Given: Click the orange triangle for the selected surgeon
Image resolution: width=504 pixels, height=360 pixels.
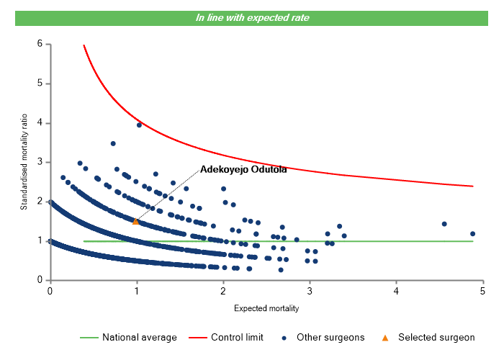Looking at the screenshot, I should [135, 222].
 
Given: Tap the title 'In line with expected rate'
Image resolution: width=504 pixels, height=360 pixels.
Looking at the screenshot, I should [252, 17].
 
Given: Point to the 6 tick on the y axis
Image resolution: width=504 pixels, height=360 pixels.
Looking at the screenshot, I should [40, 44].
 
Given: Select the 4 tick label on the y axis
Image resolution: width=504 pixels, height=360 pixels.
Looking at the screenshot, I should [40, 123].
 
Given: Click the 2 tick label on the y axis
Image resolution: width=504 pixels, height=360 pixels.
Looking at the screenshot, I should [40, 202].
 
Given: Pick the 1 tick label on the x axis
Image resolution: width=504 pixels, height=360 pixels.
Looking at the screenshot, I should [137, 290].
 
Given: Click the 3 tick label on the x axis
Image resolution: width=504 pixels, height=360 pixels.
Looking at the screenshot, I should [310, 290].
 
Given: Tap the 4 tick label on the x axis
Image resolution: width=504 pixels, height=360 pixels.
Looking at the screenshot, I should [397, 290].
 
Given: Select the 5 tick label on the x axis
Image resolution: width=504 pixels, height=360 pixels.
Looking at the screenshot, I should [483, 290].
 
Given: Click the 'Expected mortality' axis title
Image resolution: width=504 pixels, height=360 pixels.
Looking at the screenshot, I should [266, 308].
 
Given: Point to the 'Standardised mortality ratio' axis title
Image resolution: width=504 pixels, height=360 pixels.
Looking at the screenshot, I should [24, 162].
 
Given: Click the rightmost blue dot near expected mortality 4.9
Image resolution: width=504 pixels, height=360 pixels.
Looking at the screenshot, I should [473, 233].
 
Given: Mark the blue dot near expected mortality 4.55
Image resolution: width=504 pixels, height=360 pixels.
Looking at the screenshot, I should [444, 224].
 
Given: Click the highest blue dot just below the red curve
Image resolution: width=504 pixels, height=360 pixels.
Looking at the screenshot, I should [139, 125].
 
